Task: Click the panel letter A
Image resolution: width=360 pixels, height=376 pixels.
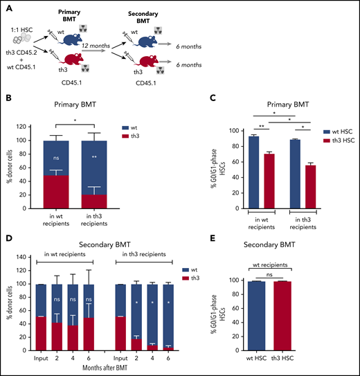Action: coord(7,6)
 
